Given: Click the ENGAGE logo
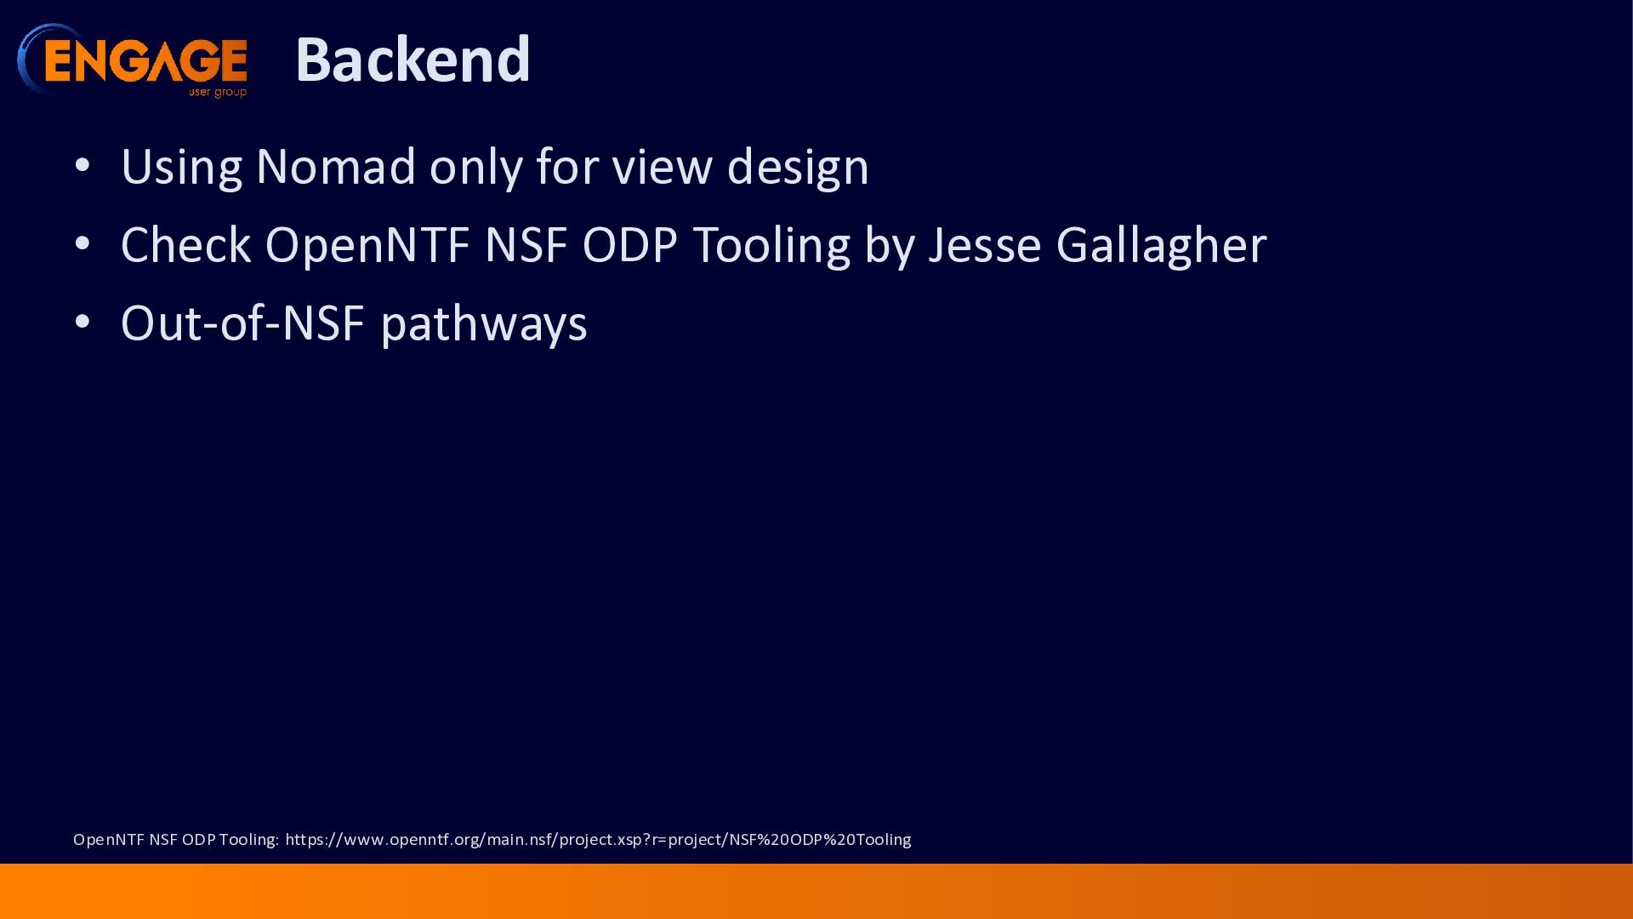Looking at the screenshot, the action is click(133, 60).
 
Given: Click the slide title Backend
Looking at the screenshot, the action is click(413, 60).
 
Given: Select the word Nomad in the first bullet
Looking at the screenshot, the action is click(336, 166).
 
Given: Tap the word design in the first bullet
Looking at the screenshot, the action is click(798, 168).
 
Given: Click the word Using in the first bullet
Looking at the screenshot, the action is click(181, 168).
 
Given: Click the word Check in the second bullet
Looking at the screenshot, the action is click(185, 245).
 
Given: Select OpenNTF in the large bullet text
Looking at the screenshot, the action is click(367, 246).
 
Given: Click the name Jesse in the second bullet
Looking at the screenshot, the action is click(985, 245).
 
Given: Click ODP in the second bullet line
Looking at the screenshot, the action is click(629, 245).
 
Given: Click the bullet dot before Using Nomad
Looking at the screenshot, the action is click(83, 165).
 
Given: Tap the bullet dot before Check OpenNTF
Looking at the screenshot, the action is click(83, 244).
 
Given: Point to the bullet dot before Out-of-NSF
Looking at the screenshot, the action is click(83, 323).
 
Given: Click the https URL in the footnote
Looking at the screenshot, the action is click(598, 840).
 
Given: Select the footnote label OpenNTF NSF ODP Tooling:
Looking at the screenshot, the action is click(176, 840).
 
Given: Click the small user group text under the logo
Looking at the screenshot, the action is click(218, 92).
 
